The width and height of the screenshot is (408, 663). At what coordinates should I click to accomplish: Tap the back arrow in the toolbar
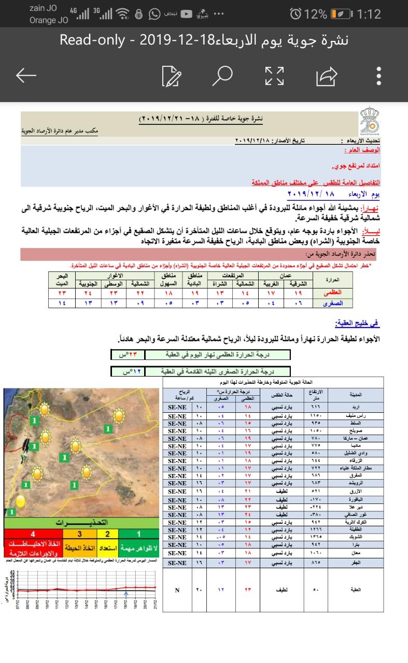point(26,76)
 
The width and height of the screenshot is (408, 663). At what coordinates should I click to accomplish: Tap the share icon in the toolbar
point(327,77)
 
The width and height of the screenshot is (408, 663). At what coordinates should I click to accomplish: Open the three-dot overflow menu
point(379,76)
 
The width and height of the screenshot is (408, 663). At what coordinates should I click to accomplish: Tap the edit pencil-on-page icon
point(172,76)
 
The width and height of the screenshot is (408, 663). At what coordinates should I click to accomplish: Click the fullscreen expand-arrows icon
point(274,76)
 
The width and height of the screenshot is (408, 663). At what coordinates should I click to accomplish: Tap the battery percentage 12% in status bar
point(316,14)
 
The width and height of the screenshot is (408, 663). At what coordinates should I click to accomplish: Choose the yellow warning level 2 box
point(107,534)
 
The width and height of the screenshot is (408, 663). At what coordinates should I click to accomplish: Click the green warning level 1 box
point(139,534)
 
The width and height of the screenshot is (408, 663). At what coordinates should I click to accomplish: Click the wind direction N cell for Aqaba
point(177,589)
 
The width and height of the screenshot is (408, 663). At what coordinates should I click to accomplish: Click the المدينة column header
point(356,395)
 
